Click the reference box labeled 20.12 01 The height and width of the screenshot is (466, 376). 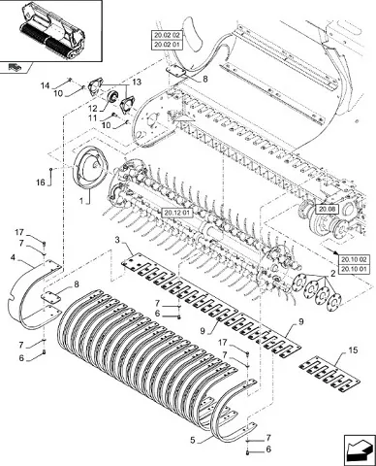click(x=177, y=213)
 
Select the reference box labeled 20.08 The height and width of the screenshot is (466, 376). click(x=327, y=210)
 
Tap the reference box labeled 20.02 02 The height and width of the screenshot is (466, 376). click(x=167, y=35)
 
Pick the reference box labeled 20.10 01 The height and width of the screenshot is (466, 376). click(x=354, y=269)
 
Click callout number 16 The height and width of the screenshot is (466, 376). click(x=41, y=183)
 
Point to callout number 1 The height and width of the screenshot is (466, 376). click(x=81, y=201)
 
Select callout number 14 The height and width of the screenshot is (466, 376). click(x=45, y=85)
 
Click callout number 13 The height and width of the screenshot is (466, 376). click(x=137, y=82)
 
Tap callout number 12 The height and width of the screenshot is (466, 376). click(x=93, y=109)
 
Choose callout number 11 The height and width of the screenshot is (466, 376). click(x=93, y=118)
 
